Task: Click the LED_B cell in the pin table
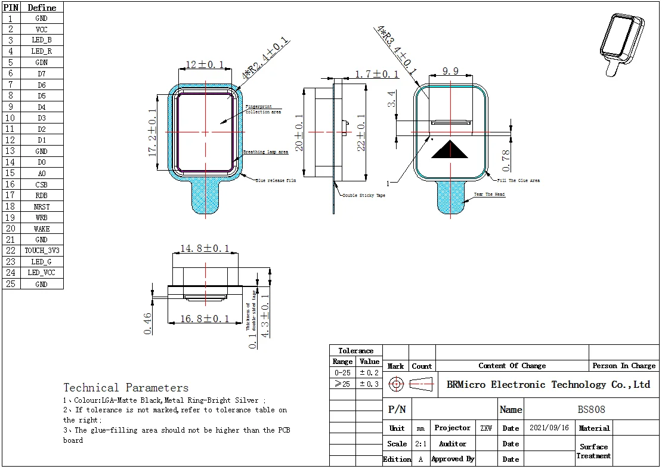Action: (41, 40)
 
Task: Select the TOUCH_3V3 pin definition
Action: (41, 251)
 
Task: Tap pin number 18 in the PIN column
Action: (10, 206)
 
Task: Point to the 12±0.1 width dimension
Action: (205, 64)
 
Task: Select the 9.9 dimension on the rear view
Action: (451, 72)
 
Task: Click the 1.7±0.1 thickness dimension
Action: (377, 74)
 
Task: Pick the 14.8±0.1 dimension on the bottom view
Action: (205, 248)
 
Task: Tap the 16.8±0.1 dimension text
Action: (205, 319)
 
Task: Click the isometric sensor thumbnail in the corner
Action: (622, 42)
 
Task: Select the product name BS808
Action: (591, 409)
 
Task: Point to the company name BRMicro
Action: (548, 384)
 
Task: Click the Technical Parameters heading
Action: (126, 388)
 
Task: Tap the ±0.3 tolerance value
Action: (369, 384)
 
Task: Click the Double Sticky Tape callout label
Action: (364, 195)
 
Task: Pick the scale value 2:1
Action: (420, 443)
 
